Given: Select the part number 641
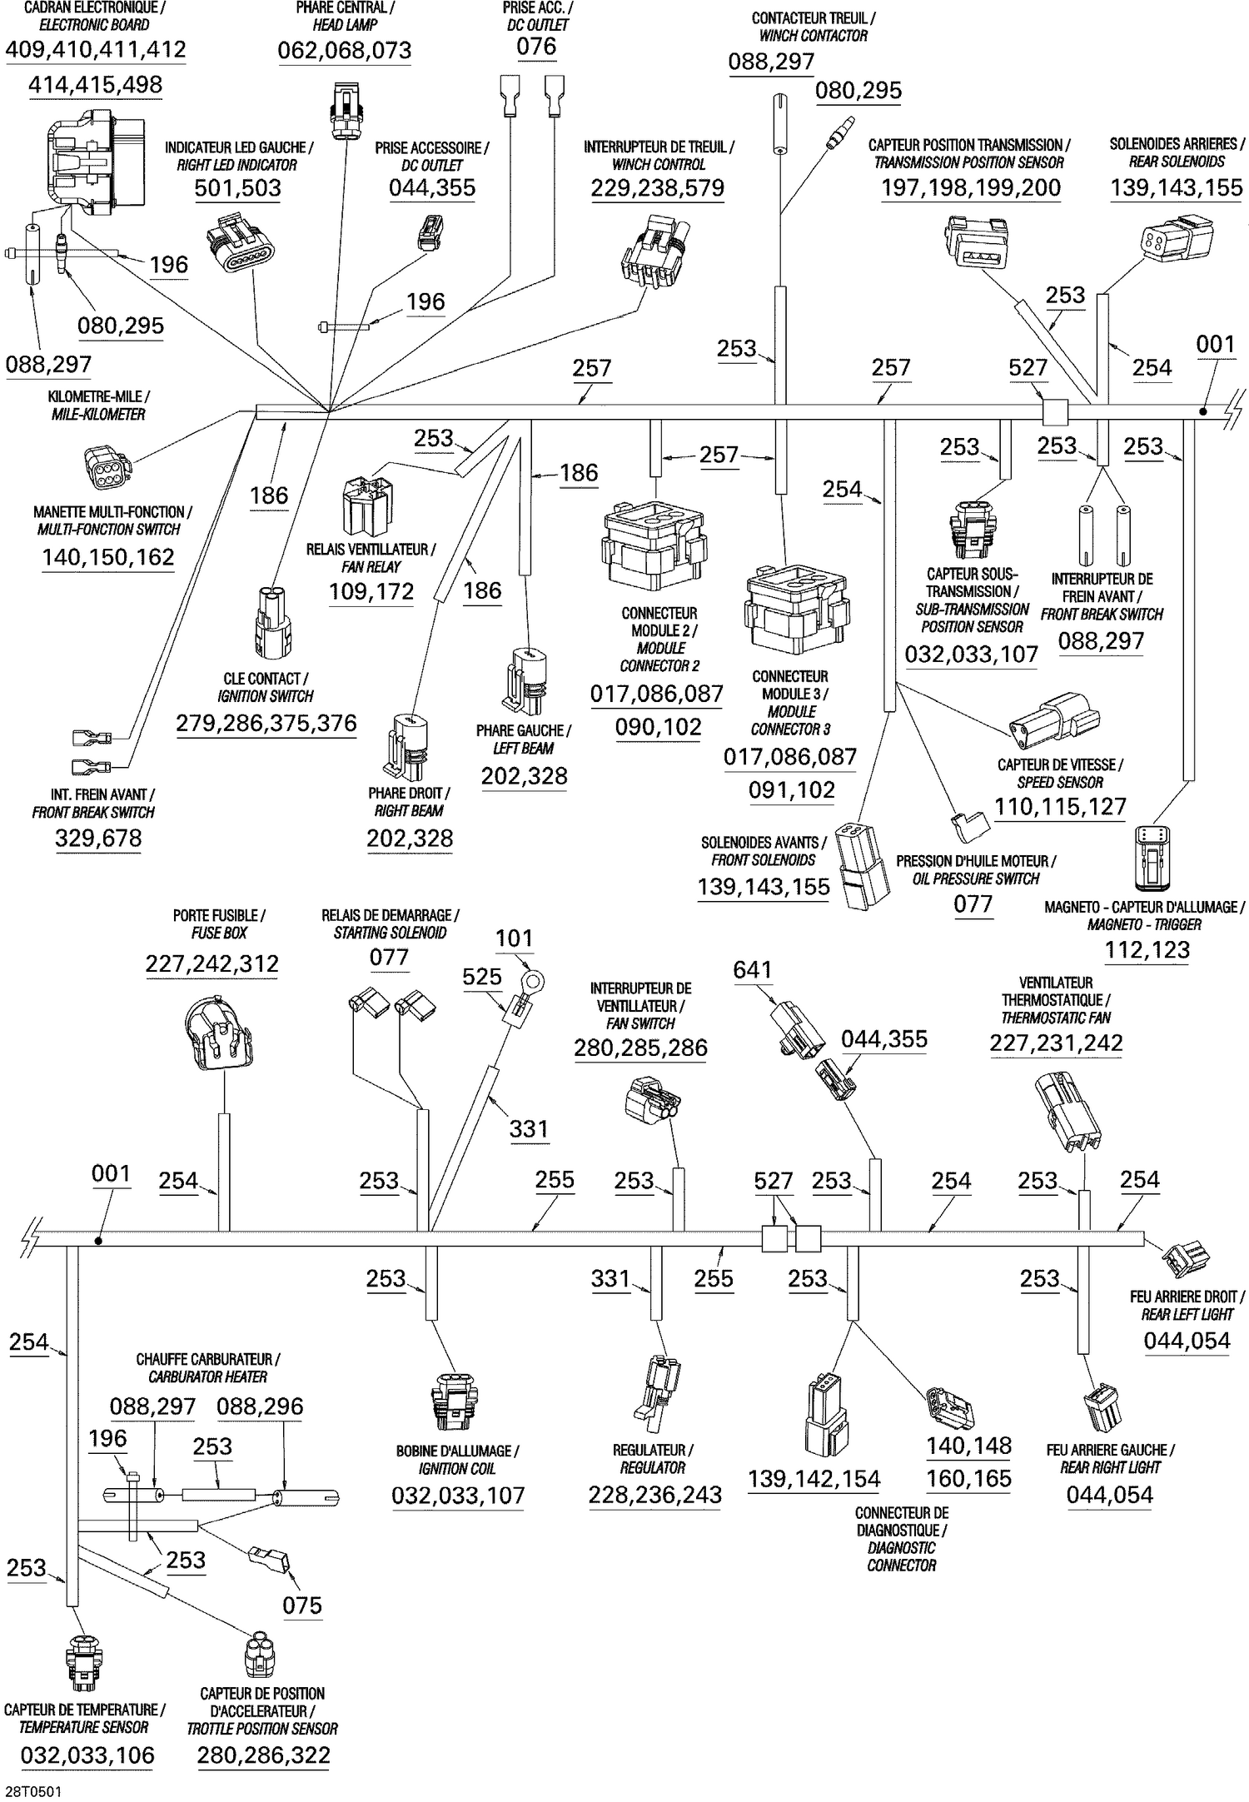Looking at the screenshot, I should point(752,970).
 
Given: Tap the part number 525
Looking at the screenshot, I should point(482,977).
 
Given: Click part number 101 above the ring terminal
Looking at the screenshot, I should point(514,938).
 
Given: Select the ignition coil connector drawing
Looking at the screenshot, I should point(454,1401).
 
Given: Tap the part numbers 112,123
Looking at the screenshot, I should point(1147,950).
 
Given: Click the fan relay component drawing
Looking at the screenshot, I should point(367,506).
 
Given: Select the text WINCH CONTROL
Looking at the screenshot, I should point(659,165).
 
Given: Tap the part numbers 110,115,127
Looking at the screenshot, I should point(1060,807).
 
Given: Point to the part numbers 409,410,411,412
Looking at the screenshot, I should point(96,50).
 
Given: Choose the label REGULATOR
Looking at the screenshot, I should point(653,1467).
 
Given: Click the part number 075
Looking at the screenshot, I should point(301,1605).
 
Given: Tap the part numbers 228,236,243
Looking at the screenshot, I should point(654,1495).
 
